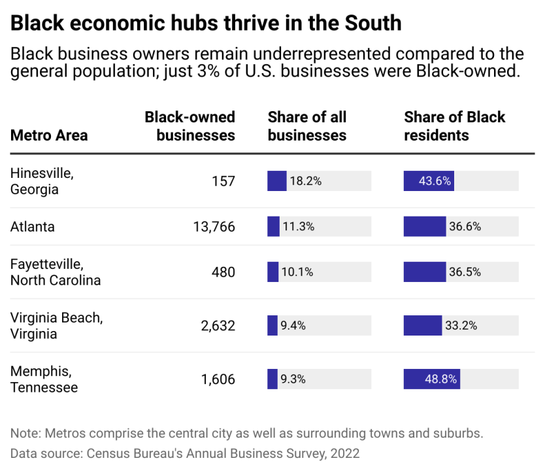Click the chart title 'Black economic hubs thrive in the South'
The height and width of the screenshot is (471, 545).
point(206,24)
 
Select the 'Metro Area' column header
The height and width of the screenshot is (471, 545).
point(49,135)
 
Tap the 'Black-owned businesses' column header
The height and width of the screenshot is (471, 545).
point(190,126)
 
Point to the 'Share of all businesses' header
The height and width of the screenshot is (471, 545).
point(307,126)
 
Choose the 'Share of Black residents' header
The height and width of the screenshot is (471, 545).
point(454,126)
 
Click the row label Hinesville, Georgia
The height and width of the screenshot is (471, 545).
point(42,181)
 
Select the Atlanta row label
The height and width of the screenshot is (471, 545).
point(33,227)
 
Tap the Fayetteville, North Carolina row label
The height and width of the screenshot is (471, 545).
point(56,272)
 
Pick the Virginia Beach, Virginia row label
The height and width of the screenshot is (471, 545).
point(57,326)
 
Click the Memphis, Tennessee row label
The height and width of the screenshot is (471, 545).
point(44,379)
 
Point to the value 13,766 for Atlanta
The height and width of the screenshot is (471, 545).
point(214,227)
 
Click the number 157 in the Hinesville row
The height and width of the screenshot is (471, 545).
point(223,181)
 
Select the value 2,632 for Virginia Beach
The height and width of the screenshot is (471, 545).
point(218,326)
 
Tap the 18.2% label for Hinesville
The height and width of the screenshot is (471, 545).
point(305,181)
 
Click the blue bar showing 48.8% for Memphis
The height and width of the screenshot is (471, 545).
point(431,379)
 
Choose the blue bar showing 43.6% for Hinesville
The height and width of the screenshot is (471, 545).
point(429,181)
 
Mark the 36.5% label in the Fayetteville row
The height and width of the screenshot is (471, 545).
point(465,272)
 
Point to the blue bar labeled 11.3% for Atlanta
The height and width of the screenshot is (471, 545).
point(273,227)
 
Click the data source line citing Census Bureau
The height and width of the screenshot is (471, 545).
point(185,453)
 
